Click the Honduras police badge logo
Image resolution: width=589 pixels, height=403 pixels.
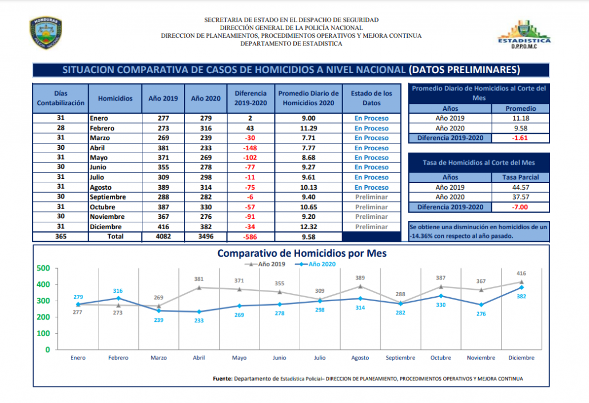click(46, 32)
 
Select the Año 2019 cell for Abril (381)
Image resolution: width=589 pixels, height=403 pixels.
click(163, 148)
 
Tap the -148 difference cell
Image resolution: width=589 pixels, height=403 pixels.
click(250, 148)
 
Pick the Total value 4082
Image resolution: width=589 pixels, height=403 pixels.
click(163, 237)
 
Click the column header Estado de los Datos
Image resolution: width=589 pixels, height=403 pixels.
click(371, 98)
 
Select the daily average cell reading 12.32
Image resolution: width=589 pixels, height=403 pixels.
click(308, 227)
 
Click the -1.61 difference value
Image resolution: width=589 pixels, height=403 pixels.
click(520, 138)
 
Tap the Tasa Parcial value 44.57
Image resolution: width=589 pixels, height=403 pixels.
click(520, 187)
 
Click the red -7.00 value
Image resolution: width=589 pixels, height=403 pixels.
click(520, 207)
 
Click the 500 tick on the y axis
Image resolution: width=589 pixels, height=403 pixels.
click(43, 268)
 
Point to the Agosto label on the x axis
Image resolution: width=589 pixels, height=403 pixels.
click(360, 358)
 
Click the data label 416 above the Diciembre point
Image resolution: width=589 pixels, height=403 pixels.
click(521, 273)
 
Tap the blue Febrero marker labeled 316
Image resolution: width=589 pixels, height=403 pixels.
click(118, 298)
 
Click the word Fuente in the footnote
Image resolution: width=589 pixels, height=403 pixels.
click(222, 378)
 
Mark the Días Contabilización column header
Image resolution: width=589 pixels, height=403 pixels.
click(61, 98)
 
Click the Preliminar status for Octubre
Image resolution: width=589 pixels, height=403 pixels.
click(371, 207)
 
